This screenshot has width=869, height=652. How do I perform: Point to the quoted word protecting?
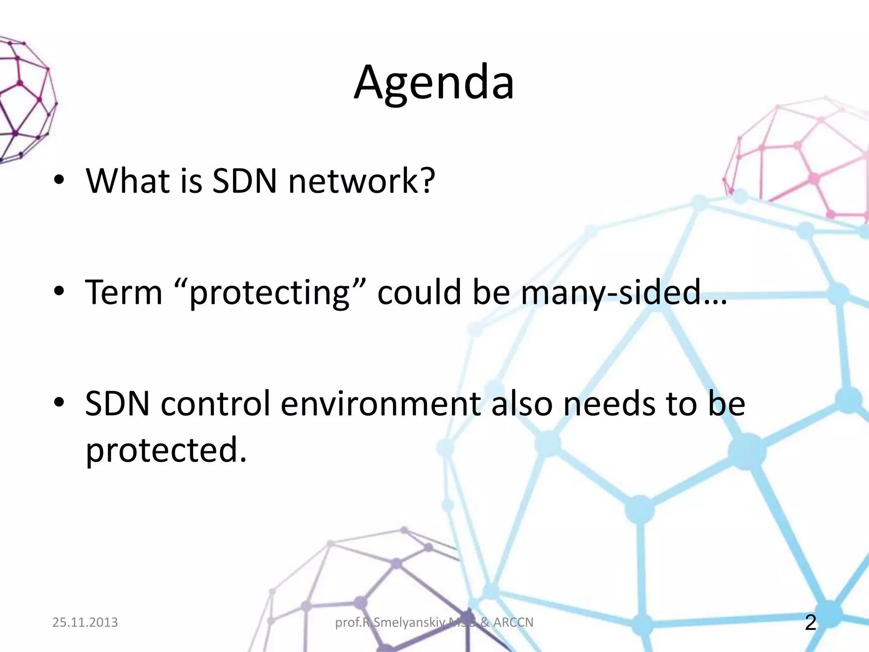tap(269, 293)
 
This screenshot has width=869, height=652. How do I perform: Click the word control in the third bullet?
tap(216, 403)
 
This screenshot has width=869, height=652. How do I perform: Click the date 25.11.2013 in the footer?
tap(85, 622)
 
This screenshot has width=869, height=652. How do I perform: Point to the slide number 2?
tap(810, 622)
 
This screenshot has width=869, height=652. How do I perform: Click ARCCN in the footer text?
tap(513, 622)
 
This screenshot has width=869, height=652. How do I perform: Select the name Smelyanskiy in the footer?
tap(409, 623)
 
